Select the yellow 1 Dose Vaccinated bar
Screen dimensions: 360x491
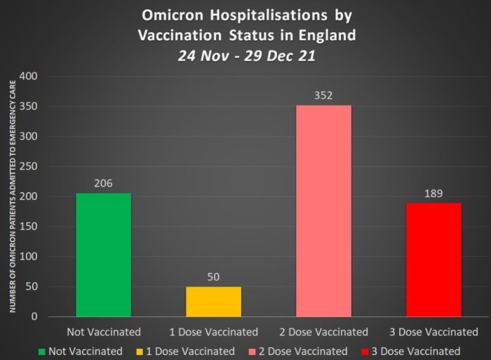pyautogui.click(x=213, y=302)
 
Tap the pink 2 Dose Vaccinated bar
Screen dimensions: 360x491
pyautogui.click(x=323, y=211)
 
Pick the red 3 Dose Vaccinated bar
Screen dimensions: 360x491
pyautogui.click(x=433, y=260)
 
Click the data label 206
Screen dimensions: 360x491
pyautogui.click(x=103, y=183)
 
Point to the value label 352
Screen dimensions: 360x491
pyautogui.click(x=323, y=95)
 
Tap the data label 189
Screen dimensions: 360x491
pyautogui.click(x=433, y=193)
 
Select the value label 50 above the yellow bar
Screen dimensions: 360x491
pyautogui.click(x=213, y=276)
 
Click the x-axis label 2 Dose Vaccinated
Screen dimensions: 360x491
pyautogui.click(x=323, y=332)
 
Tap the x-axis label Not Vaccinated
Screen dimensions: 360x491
pyautogui.click(x=103, y=332)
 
